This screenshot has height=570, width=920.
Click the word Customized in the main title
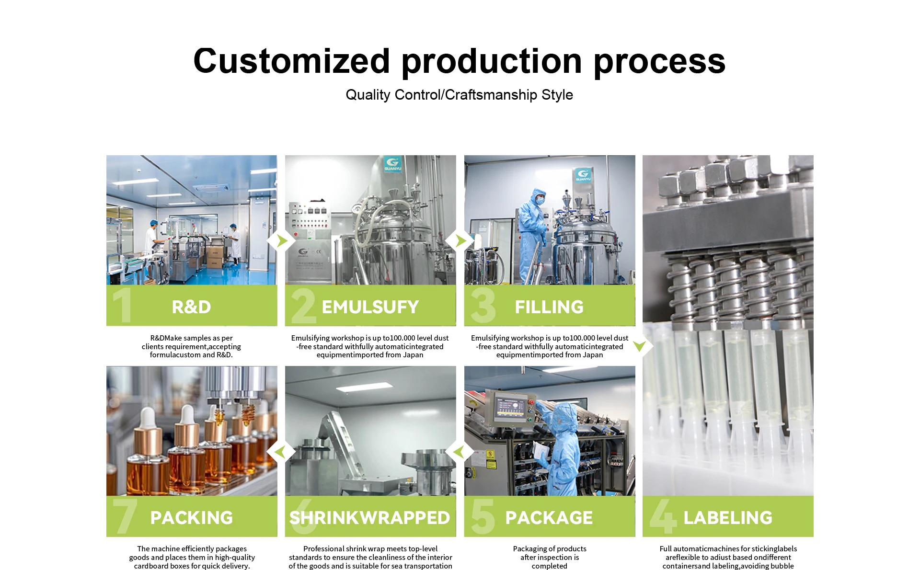pos(291,61)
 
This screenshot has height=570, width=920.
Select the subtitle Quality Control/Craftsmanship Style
pos(459,95)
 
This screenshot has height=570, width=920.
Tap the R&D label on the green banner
pos(191,307)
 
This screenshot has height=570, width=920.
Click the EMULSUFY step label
pos(370,307)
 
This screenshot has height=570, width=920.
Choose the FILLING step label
pos(549,307)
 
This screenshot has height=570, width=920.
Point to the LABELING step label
pos(728,518)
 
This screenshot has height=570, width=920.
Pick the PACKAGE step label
pos(549,518)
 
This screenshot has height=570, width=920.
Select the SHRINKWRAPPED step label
pos(370,518)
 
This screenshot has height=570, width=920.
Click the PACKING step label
pos(192,518)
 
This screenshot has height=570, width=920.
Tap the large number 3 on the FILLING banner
pos(483,305)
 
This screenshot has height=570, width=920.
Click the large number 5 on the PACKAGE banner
pos(483,516)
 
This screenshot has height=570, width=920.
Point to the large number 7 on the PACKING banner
pos(125,516)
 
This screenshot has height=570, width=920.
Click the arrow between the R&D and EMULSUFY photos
pos(282,240)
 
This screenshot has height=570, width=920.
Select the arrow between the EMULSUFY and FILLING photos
pos(460,240)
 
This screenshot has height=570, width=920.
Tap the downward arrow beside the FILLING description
pos(639,346)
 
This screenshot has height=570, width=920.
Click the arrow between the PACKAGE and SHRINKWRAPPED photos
pos(459,452)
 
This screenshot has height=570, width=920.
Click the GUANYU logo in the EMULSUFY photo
pos(392,164)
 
